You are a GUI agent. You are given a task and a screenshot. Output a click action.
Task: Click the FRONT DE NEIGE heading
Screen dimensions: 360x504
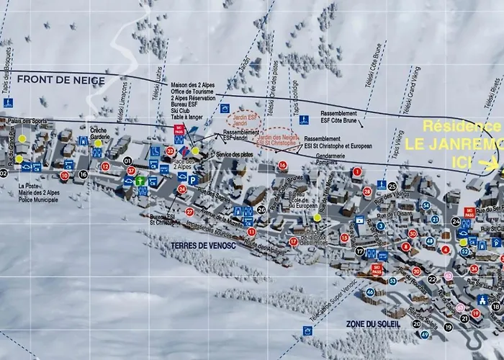tap(61, 80)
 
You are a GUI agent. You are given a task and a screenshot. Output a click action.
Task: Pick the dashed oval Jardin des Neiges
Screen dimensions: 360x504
tap(277, 138)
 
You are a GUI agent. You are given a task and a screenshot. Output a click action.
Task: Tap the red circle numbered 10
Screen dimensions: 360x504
tap(65, 175)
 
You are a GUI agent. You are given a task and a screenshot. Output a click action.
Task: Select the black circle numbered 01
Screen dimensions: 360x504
tap(127, 160)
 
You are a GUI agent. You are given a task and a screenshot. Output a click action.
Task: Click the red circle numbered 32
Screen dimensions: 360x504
tap(170, 151)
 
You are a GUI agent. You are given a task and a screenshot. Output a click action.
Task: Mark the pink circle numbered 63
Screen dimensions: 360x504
tap(449, 276)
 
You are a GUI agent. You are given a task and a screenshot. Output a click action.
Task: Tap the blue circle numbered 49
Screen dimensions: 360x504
tap(425, 334)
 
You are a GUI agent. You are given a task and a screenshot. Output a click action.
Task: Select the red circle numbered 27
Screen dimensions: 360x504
tap(189, 212)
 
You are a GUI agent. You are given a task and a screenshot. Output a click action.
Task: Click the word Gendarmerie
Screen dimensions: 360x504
tap(325, 156)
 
